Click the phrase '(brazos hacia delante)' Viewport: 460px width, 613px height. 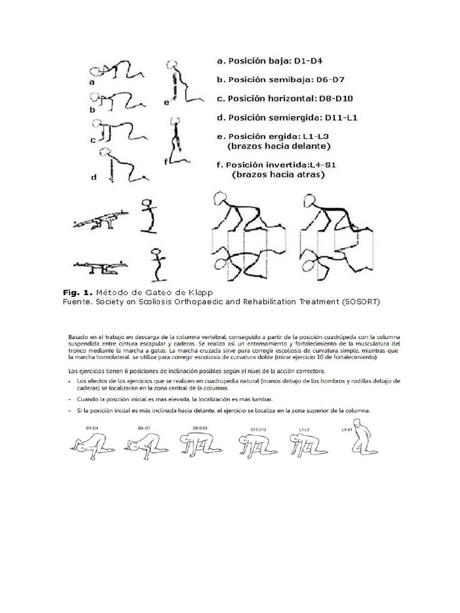click(x=279, y=145)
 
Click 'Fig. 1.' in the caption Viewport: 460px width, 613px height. click(x=77, y=292)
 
